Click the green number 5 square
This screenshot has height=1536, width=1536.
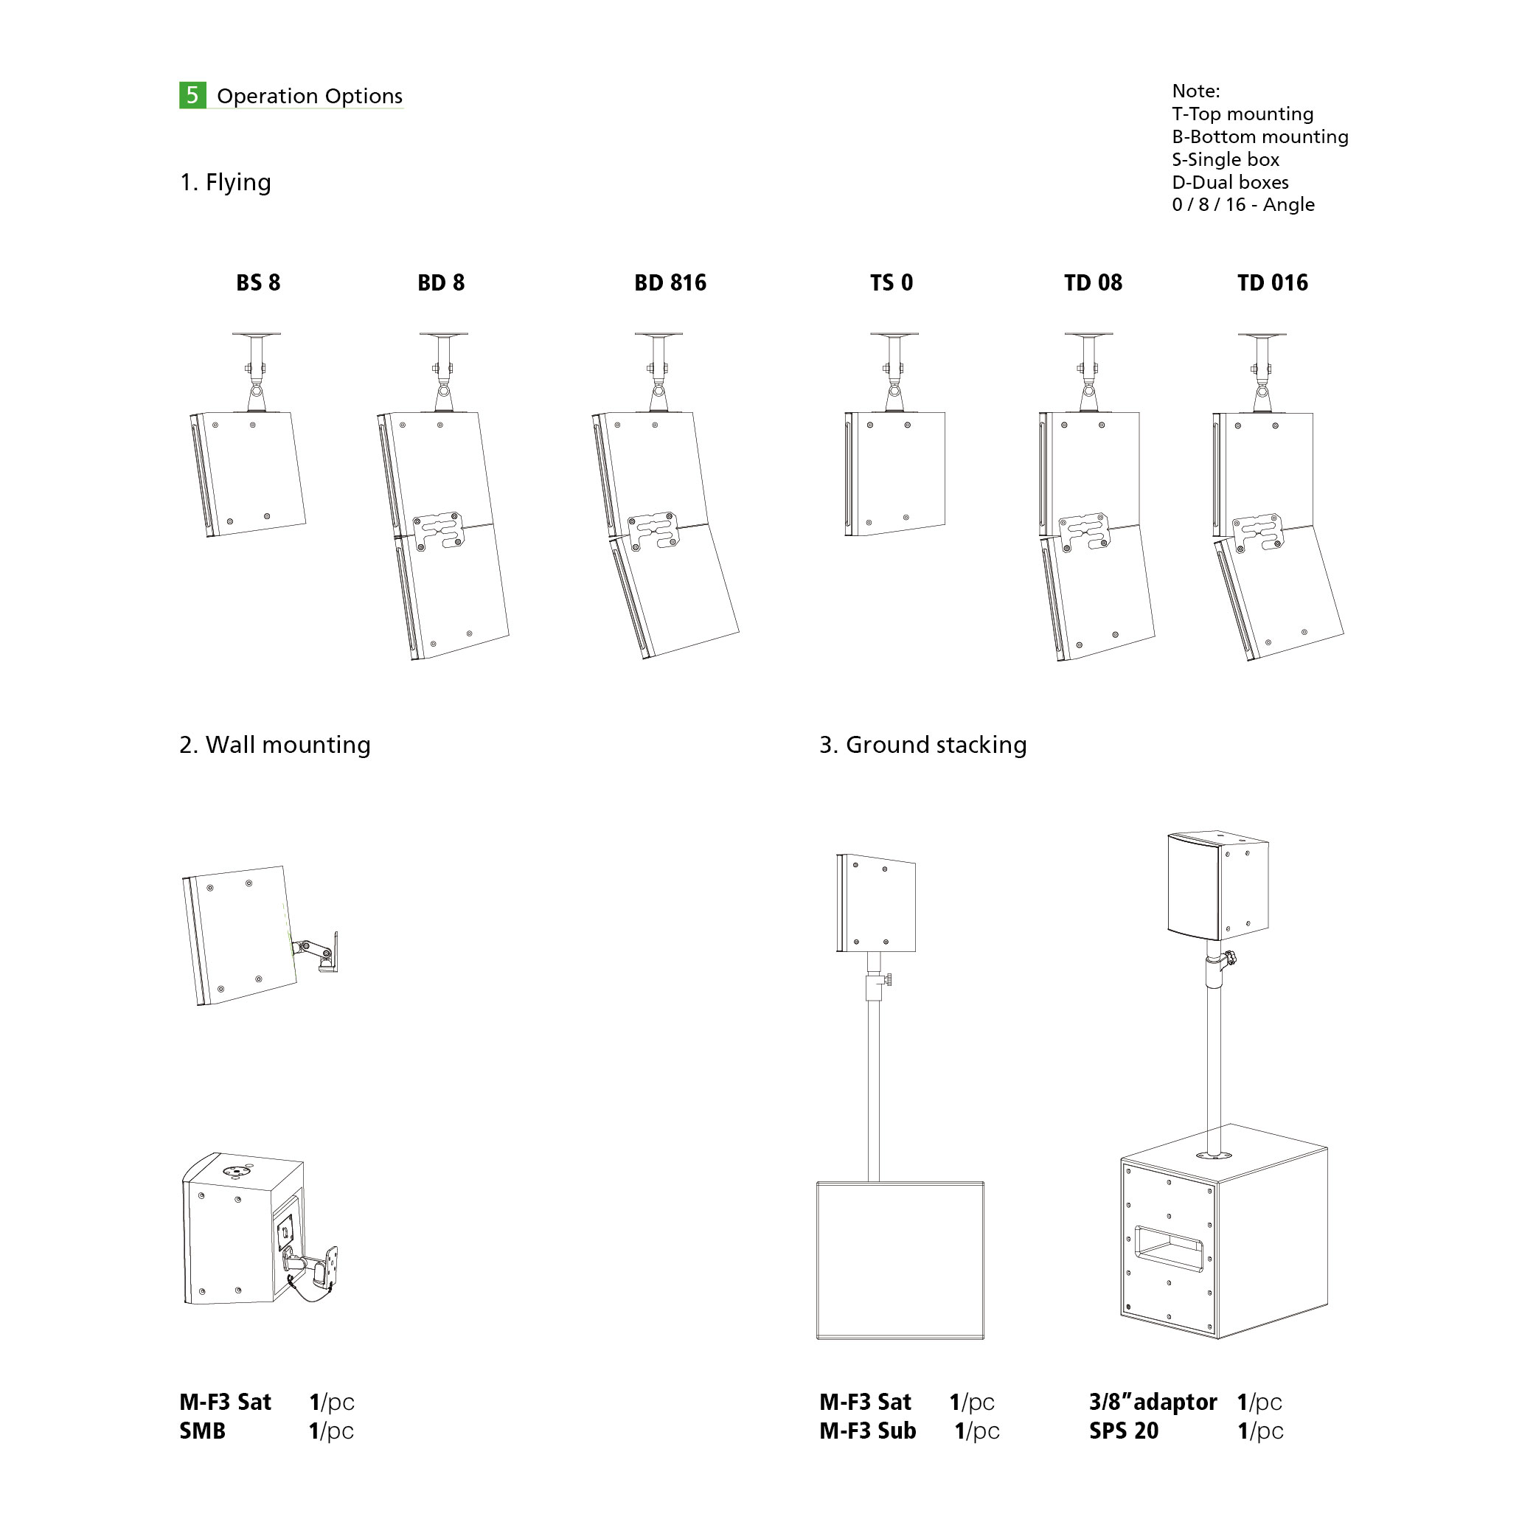tap(192, 95)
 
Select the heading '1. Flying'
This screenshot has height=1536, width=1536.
tap(226, 182)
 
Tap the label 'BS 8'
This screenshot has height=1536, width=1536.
tap(258, 282)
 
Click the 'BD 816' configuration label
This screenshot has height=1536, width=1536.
tap(670, 282)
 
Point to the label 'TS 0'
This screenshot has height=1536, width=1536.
tap(892, 282)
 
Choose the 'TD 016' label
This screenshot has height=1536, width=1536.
tap(1273, 282)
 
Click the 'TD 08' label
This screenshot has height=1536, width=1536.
tap(1093, 282)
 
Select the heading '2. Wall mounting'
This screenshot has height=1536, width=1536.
tap(275, 745)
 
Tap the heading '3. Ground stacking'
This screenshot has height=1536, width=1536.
tap(923, 745)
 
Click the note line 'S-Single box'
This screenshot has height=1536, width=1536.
tap(1225, 159)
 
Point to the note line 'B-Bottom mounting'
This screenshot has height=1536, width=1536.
tap(1260, 136)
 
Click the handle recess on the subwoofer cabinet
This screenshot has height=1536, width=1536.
tap(1168, 1248)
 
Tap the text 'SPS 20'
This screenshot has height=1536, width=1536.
tap(1123, 1431)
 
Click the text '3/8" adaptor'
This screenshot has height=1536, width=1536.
tap(1153, 1402)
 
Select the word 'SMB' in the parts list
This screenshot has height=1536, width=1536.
tap(203, 1431)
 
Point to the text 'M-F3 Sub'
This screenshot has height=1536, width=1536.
tap(867, 1431)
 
